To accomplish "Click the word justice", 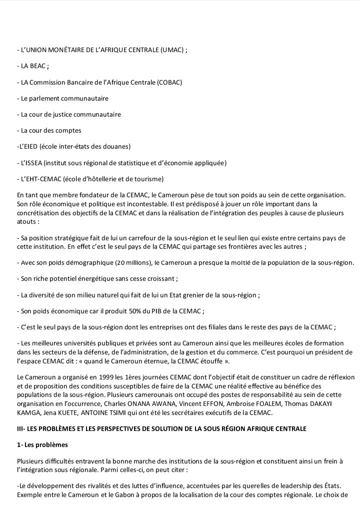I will click(x=66, y=115).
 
